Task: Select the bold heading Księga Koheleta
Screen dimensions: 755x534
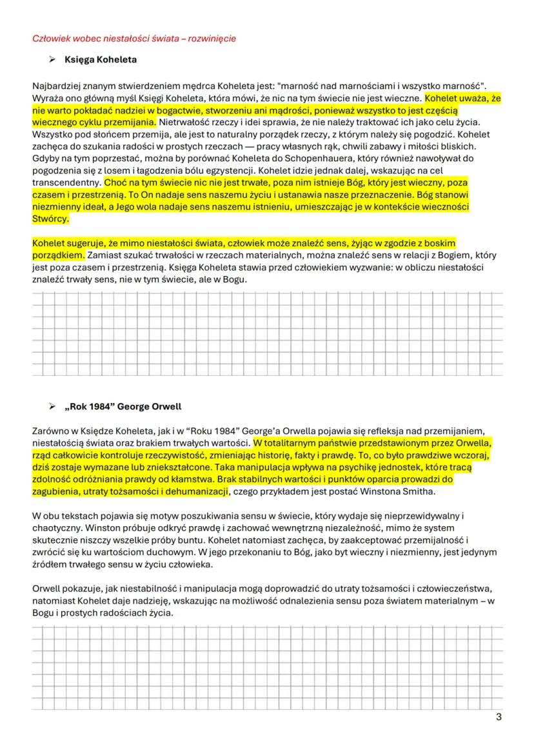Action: pyautogui.click(x=100, y=61)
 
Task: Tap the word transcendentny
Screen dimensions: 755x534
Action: pyautogui.click(x=64, y=182)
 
